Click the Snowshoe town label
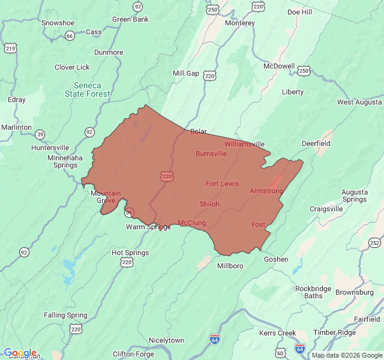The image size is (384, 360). click(x=58, y=23)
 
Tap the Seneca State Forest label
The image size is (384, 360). click(x=88, y=89)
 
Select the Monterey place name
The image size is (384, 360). click(x=240, y=23)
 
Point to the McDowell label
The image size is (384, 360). click(x=280, y=66)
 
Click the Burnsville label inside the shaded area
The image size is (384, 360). click(x=211, y=154)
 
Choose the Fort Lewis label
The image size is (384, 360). click(x=222, y=184)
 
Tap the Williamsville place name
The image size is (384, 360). click(x=245, y=144)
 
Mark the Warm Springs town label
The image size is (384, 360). click(x=148, y=227)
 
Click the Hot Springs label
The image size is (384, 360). click(x=130, y=253)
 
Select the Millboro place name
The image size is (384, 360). click(x=230, y=266)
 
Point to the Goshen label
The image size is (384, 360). click(x=276, y=259)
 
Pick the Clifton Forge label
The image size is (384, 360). click(x=133, y=354)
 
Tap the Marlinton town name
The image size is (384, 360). click(x=16, y=127)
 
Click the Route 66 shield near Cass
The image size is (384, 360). click(x=70, y=35)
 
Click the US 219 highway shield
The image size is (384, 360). click(x=10, y=48)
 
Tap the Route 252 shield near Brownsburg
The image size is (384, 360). click(x=374, y=242)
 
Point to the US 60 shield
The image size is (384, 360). click(x=280, y=352)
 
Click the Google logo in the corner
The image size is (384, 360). click(x=20, y=353)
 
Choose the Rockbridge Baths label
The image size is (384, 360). click(x=309, y=292)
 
